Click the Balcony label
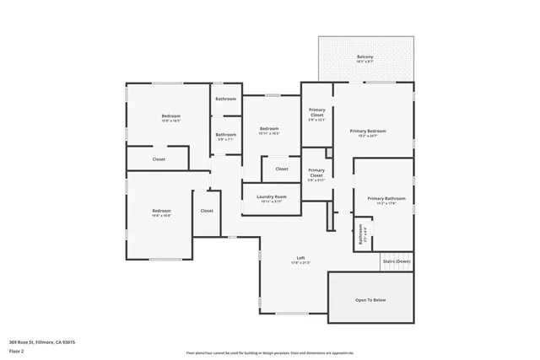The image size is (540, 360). pyautogui.click(x=364, y=56)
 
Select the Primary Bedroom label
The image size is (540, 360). pyautogui.click(x=368, y=131)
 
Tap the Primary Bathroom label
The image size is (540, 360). pyautogui.click(x=386, y=199)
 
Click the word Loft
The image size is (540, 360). pyautogui.click(x=301, y=258)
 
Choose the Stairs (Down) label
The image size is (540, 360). pyautogui.click(x=397, y=261)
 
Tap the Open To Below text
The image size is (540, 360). pyautogui.click(x=370, y=299)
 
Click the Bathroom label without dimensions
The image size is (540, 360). pyautogui.click(x=225, y=99)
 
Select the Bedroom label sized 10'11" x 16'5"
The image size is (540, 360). pyautogui.click(x=269, y=128)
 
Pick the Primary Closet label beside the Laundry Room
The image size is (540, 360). pyautogui.click(x=316, y=172)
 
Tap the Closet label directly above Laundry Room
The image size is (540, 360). pyautogui.click(x=281, y=169)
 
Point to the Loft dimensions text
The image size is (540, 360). pyautogui.click(x=301, y=263)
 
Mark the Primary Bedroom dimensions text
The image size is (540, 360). pyautogui.click(x=368, y=136)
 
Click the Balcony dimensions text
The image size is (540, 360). pyautogui.click(x=364, y=62)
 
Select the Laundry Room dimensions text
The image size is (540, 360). pyautogui.click(x=272, y=202)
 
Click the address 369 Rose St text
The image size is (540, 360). pyautogui.click(x=43, y=342)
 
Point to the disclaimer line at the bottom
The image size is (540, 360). pyautogui.click(x=270, y=352)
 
